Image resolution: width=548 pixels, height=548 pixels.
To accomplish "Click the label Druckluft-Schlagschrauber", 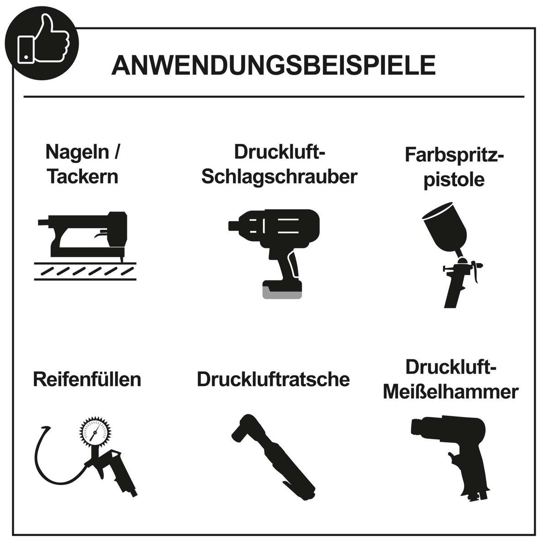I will tap(279, 164).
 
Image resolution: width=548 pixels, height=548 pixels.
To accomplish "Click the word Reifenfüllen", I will tap(87, 379).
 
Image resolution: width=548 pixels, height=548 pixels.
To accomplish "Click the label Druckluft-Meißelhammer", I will tap(450, 379).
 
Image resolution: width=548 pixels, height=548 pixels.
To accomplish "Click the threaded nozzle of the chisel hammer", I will tap(416, 427).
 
